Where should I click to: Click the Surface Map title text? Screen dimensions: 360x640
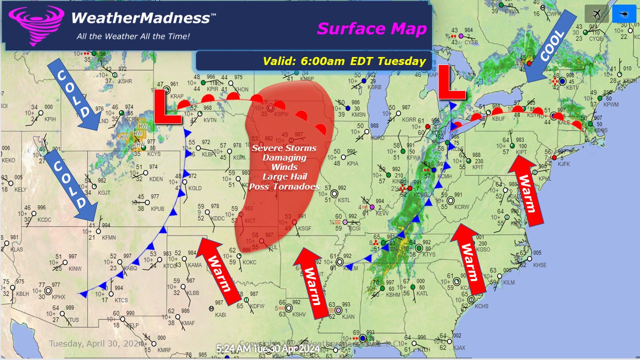(x=371, y=28)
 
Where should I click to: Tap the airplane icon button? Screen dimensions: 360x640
(x=596, y=14)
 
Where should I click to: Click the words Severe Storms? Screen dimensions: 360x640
(x=284, y=148)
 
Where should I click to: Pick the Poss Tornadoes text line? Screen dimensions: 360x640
(x=284, y=186)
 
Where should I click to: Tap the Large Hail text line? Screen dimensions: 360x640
(x=284, y=176)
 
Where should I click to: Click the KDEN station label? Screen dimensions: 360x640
(x=156, y=179)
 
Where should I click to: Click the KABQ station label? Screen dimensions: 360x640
(x=130, y=268)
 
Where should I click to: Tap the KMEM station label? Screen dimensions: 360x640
(x=351, y=268)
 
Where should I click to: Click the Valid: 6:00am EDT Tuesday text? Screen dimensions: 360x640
(x=344, y=61)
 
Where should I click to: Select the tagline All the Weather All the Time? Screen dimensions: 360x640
(x=133, y=36)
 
